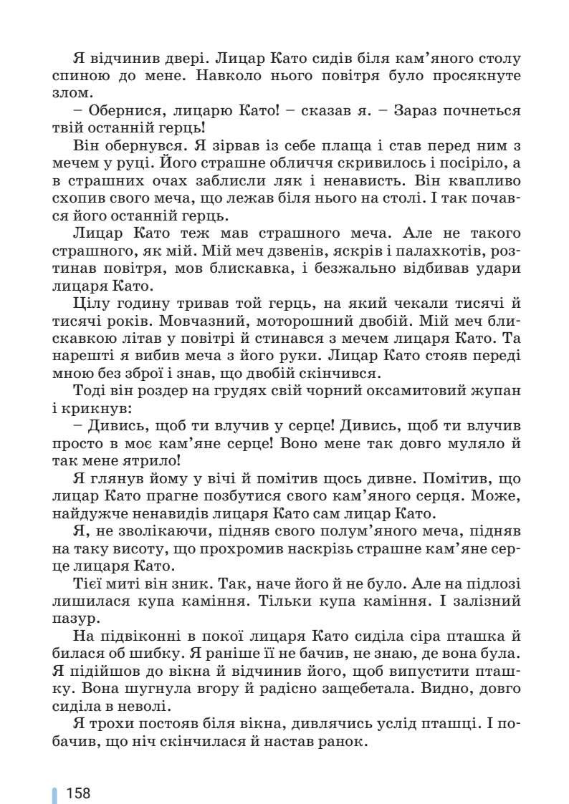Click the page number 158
click(78, 793)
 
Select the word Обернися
click(119, 111)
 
